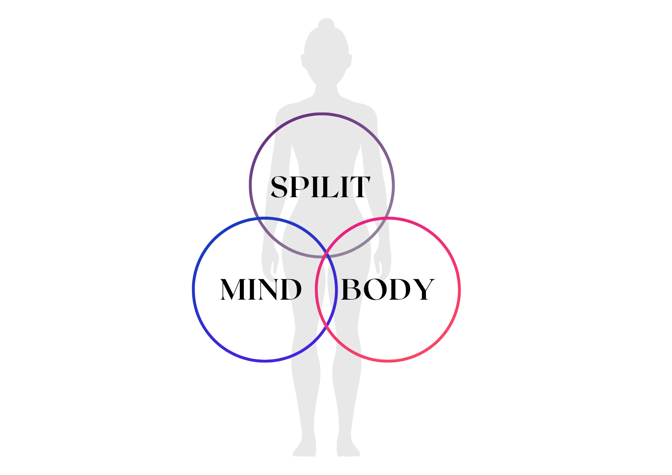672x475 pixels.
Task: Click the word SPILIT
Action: tap(320, 187)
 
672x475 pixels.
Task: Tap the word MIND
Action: tap(261, 289)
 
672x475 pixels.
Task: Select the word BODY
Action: tap(387, 289)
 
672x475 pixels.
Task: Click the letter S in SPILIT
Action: tap(279, 187)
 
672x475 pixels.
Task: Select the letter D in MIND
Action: tap(290, 289)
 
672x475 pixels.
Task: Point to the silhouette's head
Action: tap(326, 54)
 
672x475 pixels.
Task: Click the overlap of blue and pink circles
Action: tap(326, 292)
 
